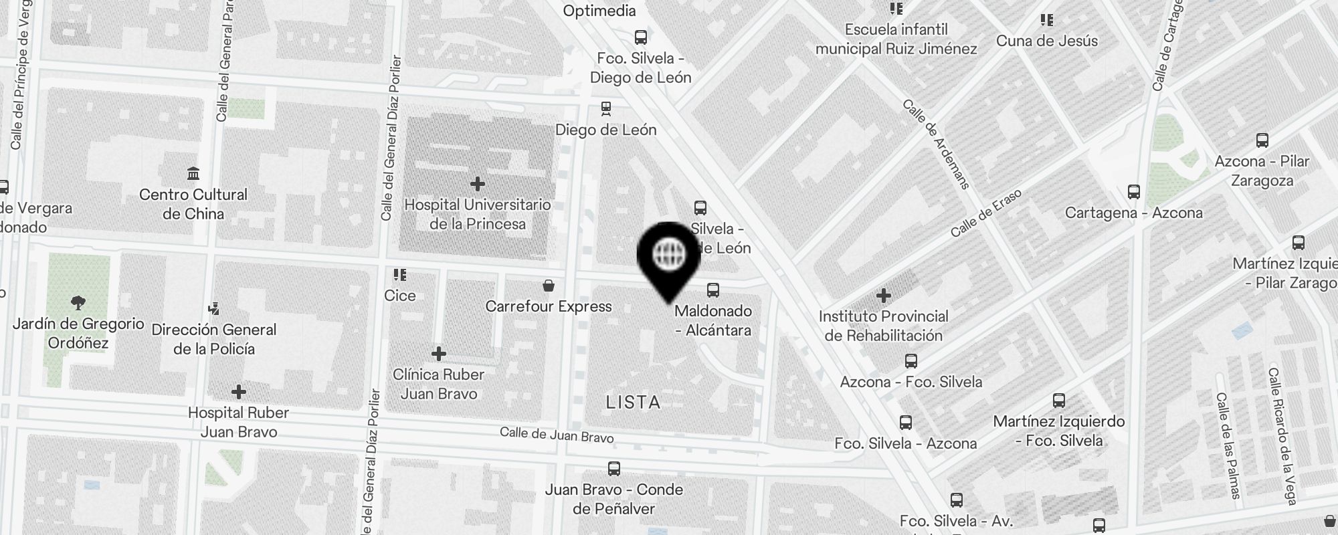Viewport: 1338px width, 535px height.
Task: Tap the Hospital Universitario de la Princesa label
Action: click(x=478, y=214)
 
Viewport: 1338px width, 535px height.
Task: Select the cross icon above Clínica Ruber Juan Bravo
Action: click(x=439, y=353)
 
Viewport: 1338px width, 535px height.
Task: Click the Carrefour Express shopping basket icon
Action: click(x=549, y=286)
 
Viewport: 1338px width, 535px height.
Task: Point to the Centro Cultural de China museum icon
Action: click(x=193, y=175)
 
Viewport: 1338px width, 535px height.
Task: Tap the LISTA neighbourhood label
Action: click(x=633, y=402)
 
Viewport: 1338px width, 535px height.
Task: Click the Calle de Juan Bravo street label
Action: click(x=557, y=435)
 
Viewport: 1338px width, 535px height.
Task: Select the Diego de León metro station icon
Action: click(x=606, y=108)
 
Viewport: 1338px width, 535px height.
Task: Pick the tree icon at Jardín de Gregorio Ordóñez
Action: click(x=78, y=303)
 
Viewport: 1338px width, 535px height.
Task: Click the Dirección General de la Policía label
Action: click(x=214, y=339)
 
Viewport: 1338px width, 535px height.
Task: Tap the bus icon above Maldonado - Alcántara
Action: click(x=713, y=290)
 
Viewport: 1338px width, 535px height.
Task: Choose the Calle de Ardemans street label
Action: click(x=935, y=144)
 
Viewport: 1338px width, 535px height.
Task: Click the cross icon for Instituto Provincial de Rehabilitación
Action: click(x=884, y=295)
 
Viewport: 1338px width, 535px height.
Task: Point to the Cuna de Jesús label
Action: click(x=1047, y=41)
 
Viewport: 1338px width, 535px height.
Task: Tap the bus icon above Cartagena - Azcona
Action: click(x=1134, y=192)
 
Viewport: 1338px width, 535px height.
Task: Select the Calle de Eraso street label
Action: click(x=986, y=213)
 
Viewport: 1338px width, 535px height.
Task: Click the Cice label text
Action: click(x=400, y=296)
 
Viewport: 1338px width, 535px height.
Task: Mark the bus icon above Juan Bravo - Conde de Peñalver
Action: click(x=614, y=469)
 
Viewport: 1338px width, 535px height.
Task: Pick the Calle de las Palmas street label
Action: click(x=1228, y=445)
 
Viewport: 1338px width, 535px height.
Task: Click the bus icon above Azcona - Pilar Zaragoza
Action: click(x=1262, y=140)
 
